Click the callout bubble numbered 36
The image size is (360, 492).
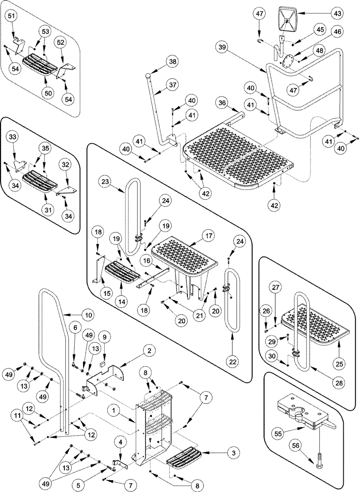tap(222, 102)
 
